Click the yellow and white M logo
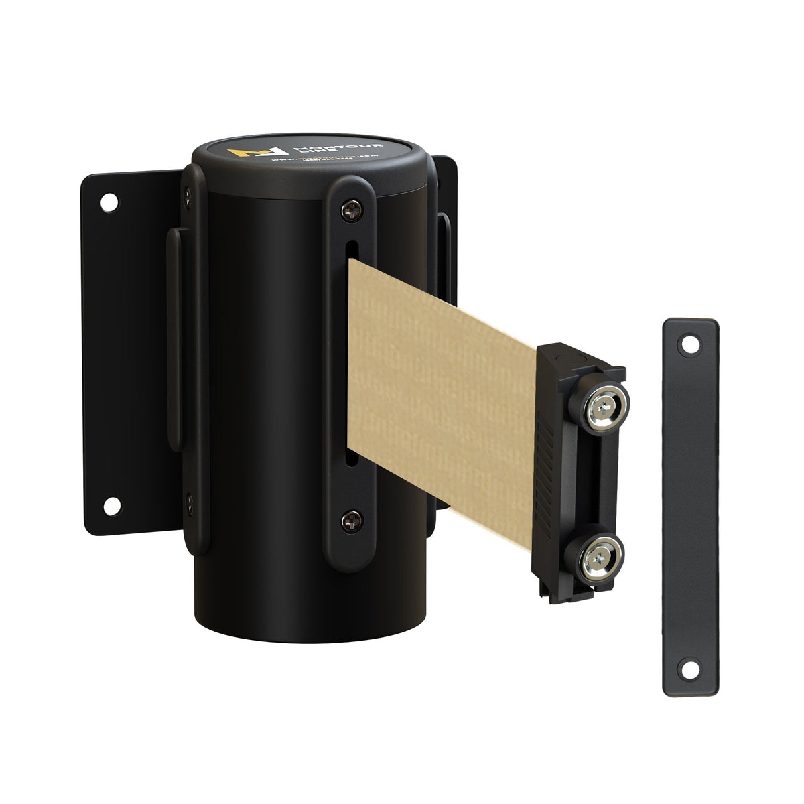245,152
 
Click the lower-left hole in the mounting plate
111,505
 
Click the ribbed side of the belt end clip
551,469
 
